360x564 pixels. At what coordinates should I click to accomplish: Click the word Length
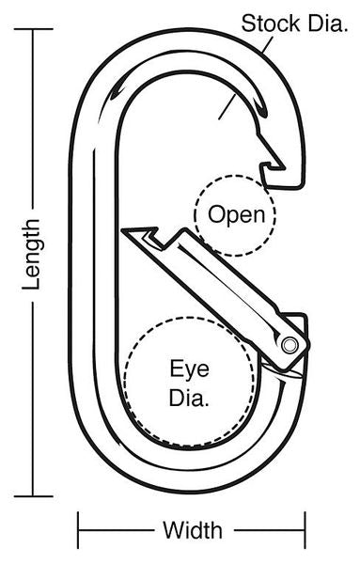[31, 255]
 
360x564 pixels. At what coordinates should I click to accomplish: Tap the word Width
[193, 530]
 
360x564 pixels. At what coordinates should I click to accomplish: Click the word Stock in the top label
[271, 23]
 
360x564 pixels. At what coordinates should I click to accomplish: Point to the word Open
[236, 215]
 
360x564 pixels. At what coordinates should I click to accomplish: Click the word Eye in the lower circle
[189, 368]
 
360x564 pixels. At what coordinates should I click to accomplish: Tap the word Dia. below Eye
[189, 397]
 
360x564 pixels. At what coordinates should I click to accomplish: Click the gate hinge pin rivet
[290, 345]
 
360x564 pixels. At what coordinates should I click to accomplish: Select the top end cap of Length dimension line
[34, 29]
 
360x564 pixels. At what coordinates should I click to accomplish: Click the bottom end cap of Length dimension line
[34, 496]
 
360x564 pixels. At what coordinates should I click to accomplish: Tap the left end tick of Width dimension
[78, 530]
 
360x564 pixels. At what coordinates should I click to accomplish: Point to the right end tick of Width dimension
[305, 530]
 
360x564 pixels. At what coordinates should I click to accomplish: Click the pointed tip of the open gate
[122, 230]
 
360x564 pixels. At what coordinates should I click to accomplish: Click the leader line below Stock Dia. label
[268, 44]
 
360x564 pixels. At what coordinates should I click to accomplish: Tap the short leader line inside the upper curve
[227, 106]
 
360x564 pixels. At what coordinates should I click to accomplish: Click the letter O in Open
[216, 214]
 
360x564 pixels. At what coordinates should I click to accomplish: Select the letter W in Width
[172, 530]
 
